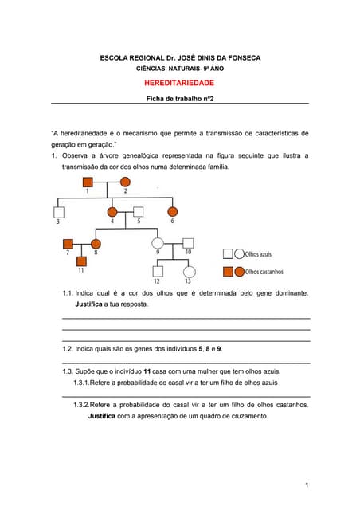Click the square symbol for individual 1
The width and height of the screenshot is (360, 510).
tap(88, 182)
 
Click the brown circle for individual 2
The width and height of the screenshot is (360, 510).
tap(125, 182)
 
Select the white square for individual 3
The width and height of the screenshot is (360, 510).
tap(58, 212)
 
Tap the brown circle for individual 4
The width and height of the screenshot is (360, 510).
tap(112, 212)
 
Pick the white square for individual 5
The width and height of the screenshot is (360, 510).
tap(138, 212)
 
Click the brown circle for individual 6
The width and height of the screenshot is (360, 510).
tap(172, 212)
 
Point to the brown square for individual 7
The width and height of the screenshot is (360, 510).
tap(68, 243)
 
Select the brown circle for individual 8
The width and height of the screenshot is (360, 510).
tap(96, 243)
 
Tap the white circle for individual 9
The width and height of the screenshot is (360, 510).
tap(158, 243)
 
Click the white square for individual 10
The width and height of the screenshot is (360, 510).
tap(188, 243)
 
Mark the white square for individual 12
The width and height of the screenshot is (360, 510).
tap(157, 272)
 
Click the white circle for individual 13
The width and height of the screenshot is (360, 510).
tap(188, 272)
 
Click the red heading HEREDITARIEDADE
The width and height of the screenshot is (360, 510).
tap(179, 83)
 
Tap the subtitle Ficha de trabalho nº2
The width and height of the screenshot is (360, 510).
tap(179, 99)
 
